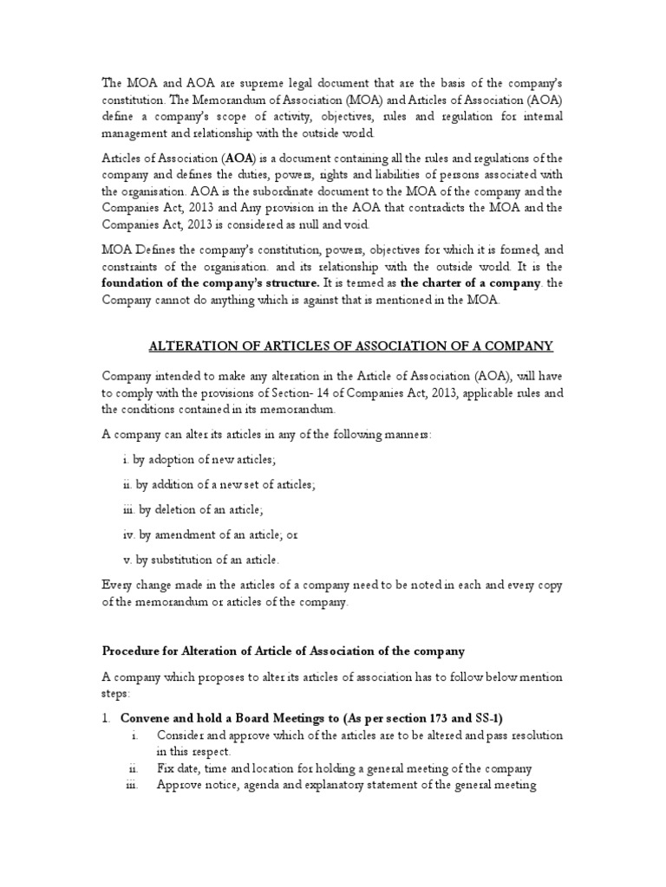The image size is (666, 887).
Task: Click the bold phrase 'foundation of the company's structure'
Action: (211, 283)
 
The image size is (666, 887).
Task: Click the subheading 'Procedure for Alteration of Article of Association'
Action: (284, 651)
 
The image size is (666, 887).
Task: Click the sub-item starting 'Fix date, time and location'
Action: (343, 768)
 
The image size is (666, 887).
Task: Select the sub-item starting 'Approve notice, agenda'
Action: (347, 786)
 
